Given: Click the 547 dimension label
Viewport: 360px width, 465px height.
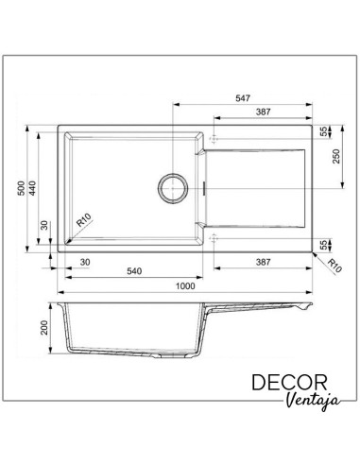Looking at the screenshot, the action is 243,98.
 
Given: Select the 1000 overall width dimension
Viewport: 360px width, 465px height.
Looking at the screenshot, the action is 185,286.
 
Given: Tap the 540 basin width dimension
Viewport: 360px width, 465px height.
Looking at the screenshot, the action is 134,271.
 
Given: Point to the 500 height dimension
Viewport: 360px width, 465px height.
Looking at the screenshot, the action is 22,188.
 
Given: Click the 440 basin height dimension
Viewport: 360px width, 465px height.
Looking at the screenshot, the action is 33,188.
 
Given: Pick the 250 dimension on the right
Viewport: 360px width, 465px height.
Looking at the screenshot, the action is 336,156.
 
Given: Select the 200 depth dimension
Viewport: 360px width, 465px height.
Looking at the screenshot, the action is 44,328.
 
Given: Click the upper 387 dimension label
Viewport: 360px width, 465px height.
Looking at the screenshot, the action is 263,112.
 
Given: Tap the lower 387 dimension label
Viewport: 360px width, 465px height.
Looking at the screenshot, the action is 263,262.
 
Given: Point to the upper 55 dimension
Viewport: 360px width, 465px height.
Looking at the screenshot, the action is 324,131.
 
